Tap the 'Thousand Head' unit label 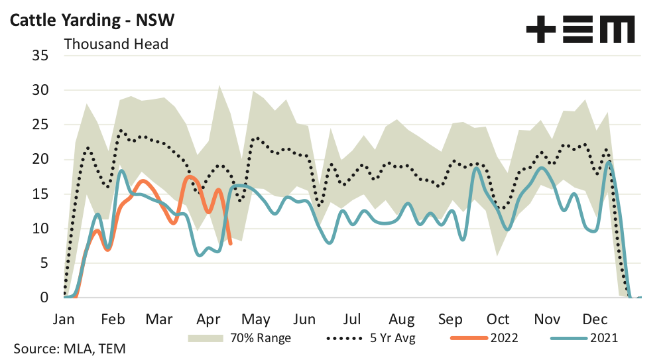point(116,44)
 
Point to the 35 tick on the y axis point(40,56)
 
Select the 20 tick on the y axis point(40,159)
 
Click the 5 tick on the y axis point(44,263)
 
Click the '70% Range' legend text point(259,338)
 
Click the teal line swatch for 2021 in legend point(568,338)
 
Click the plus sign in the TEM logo point(541,30)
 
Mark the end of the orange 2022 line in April point(230,243)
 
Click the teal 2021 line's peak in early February point(122,171)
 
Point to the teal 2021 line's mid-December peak point(609,162)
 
